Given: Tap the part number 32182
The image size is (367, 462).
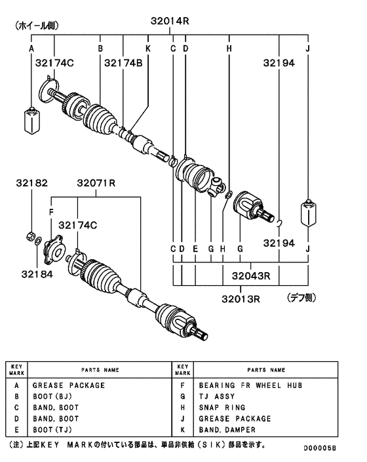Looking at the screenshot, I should coord(32,184).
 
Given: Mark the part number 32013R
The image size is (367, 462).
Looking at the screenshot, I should coord(240,299).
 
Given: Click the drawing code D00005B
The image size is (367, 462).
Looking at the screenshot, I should coord(319,448).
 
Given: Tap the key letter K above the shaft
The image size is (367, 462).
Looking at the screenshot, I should coord(148,48).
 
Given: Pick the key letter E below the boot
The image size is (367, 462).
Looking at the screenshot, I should coord(195,249).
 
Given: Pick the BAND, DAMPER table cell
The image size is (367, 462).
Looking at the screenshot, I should coord(229,430).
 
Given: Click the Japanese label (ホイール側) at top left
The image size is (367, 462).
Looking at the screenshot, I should coord(33,27).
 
